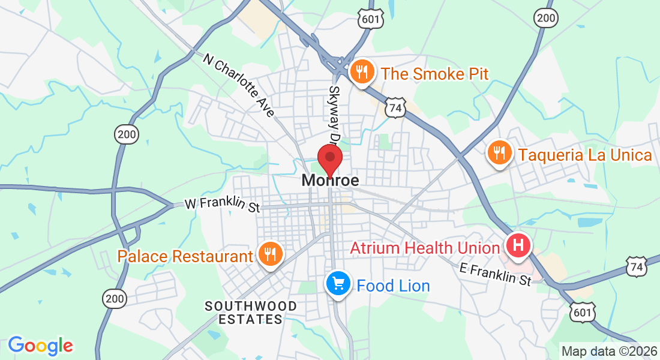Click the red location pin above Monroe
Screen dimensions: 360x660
point(330,158)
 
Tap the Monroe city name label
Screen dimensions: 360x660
point(330,180)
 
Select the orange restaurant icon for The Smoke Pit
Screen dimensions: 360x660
point(362,73)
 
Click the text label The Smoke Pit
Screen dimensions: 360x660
point(434,74)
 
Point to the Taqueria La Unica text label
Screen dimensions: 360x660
point(585,155)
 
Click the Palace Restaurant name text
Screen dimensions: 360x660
point(185,257)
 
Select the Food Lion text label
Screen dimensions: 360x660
point(393,286)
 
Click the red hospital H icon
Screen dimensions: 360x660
point(518,245)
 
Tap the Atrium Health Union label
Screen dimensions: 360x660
point(425,248)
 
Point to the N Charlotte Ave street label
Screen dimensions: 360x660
point(239,85)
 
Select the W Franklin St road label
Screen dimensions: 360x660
point(222,205)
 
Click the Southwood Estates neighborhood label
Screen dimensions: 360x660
point(251,313)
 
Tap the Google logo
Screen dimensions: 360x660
point(40,345)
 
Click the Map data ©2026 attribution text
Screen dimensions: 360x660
point(608,351)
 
